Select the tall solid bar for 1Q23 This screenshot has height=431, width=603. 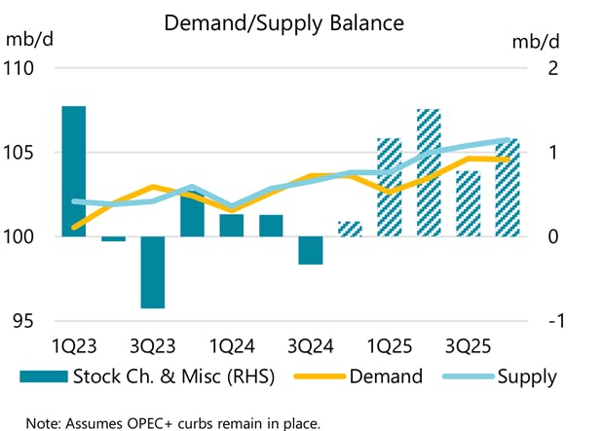point(73,171)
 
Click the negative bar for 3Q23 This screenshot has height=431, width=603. point(152,272)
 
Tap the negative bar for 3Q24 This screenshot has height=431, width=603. point(310,250)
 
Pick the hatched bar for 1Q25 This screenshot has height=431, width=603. point(389,188)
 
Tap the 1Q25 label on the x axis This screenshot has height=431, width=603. point(389,347)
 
